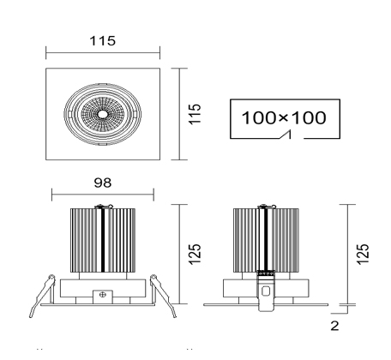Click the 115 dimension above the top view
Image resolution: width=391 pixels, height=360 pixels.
tap(103, 41)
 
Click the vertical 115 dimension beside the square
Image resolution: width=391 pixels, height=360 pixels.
tap(195, 114)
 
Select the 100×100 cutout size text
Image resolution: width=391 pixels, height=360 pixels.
tap(284, 117)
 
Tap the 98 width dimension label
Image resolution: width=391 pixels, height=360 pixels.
tap(103, 183)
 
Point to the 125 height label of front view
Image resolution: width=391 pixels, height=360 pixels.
tap(195, 255)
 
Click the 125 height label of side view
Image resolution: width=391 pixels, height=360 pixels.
tap(363, 255)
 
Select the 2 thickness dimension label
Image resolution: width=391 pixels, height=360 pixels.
tap(334, 326)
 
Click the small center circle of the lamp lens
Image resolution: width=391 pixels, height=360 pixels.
tap(102, 114)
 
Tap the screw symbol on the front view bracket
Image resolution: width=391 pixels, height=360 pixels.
tap(103, 294)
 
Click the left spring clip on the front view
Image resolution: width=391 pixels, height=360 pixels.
tap(43, 296)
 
